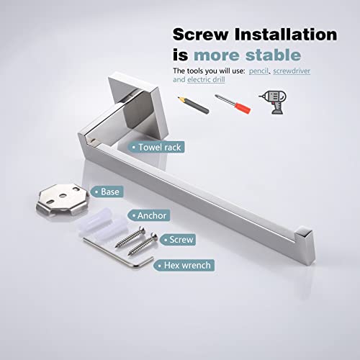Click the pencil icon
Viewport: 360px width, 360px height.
click(x=193, y=105)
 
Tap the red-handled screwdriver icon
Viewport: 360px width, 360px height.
click(x=233, y=104)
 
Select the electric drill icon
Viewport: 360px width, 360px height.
click(x=273, y=102)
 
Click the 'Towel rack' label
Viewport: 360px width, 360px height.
click(x=156, y=147)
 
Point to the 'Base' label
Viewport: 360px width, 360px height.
click(x=107, y=192)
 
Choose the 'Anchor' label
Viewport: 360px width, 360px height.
click(x=149, y=215)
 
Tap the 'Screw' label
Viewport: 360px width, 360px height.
click(x=178, y=240)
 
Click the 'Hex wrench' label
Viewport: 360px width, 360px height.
click(x=184, y=266)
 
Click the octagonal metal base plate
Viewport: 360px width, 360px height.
click(x=63, y=199)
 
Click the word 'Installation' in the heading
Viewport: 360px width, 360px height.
click(x=286, y=35)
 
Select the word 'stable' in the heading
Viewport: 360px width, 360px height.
click(x=273, y=55)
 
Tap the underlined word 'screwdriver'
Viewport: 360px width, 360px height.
click(x=292, y=71)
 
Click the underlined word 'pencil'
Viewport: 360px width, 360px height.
click(x=258, y=71)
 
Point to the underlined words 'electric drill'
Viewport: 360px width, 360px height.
click(x=206, y=80)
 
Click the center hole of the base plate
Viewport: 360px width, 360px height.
click(x=63, y=196)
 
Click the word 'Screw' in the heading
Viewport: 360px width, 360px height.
click(x=200, y=35)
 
